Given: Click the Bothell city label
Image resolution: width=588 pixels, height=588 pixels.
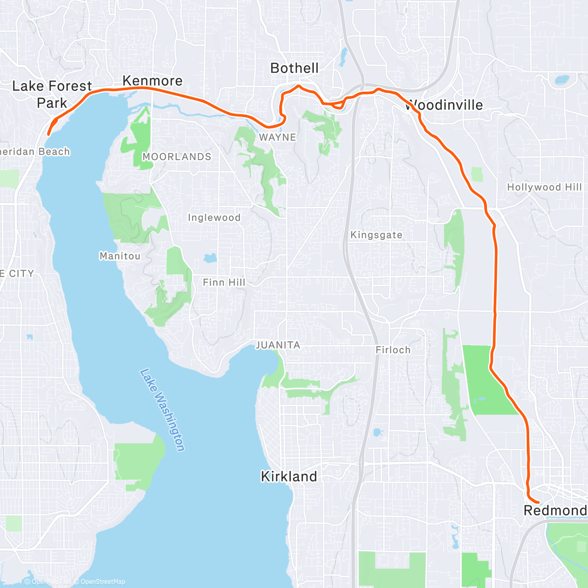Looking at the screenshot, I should tap(294, 68).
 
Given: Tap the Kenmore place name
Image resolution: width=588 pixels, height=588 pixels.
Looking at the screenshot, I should tap(152, 81).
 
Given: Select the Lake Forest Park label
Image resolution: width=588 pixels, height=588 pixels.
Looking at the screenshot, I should tap(52, 95).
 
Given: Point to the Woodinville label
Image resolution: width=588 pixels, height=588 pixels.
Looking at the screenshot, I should tap(444, 105).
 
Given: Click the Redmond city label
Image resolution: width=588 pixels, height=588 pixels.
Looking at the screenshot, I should tap(555, 511).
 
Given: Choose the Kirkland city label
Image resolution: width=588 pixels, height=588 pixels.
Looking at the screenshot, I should tap(289, 476).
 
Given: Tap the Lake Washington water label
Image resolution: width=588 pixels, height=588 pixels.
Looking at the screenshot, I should tap(163, 410).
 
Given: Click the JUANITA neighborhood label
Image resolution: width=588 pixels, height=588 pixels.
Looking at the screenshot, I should tap(278, 345).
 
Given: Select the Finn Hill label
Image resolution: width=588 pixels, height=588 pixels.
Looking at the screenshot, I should tap(224, 282).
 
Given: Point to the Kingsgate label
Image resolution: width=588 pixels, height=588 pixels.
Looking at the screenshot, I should tap(376, 235).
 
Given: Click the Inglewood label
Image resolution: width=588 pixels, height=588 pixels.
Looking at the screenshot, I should tap(214, 218).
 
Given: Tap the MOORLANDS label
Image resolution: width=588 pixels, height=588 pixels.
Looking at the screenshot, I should tap(177, 157).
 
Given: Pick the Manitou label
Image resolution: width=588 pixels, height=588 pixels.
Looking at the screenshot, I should tap(120, 256).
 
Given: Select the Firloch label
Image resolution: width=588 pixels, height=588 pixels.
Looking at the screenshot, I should tap(393, 350).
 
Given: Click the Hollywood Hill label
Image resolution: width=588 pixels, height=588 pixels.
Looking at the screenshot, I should tap(544, 187).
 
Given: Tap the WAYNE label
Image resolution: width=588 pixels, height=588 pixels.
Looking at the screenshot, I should tap(277, 137).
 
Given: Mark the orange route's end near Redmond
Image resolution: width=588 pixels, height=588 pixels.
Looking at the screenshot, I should tap(539, 502).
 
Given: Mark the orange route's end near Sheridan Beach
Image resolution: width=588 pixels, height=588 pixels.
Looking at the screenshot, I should tap(48, 134).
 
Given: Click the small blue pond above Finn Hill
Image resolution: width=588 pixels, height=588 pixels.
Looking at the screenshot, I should tap(210, 258).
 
